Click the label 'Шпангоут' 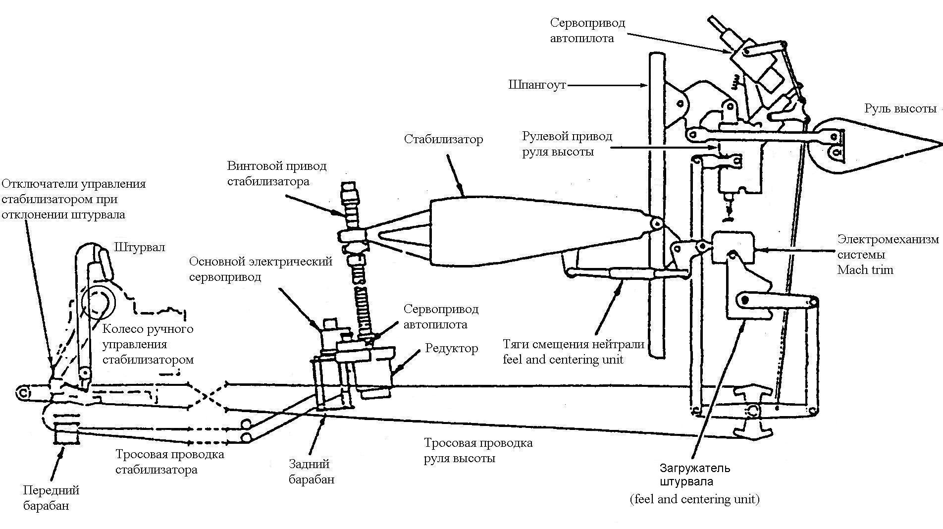pyautogui.click(x=537, y=85)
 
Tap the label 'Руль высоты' pyautogui.click(x=900, y=109)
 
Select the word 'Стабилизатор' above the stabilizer pyautogui.click(x=443, y=139)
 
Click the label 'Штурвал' pyautogui.click(x=140, y=247)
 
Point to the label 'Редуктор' pyautogui.click(x=451, y=348)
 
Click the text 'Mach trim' pyautogui.click(x=865, y=270)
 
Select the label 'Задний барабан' pyautogui.click(x=311, y=472)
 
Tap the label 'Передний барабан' pyautogui.click(x=51, y=498)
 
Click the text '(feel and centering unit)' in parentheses pyautogui.click(x=694, y=499)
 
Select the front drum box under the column pyautogui.click(x=66, y=434)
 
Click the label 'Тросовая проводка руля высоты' pyautogui.click(x=478, y=450)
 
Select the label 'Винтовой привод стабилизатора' pyautogui.click(x=277, y=173)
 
